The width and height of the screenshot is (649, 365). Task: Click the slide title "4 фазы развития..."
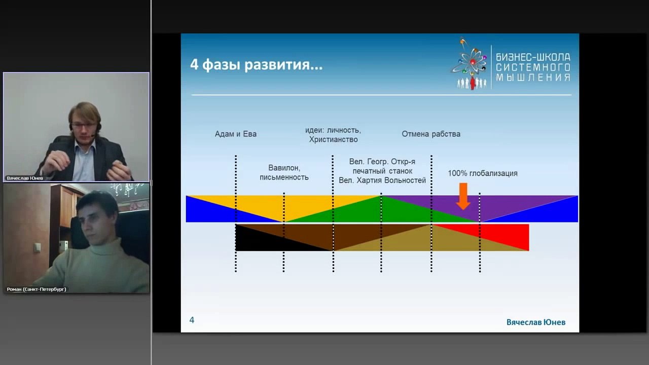256,65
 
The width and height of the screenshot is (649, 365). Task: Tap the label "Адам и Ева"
236,134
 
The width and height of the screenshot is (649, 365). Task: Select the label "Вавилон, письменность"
284,172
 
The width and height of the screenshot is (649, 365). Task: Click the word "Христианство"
333,139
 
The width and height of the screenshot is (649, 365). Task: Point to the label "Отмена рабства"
431,134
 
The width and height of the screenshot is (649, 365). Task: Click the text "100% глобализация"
482,173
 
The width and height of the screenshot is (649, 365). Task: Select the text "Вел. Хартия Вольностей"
382,180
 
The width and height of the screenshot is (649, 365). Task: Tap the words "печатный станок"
382,171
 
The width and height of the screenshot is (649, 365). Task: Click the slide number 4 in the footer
192,320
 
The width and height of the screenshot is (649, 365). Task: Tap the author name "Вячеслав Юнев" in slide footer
535,322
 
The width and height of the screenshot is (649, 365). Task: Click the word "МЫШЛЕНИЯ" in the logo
532,78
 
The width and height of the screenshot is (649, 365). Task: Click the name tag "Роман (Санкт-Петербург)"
37,289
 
